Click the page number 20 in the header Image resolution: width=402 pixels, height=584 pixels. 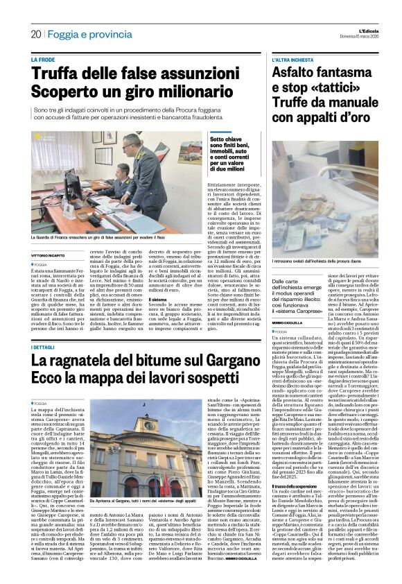35,33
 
